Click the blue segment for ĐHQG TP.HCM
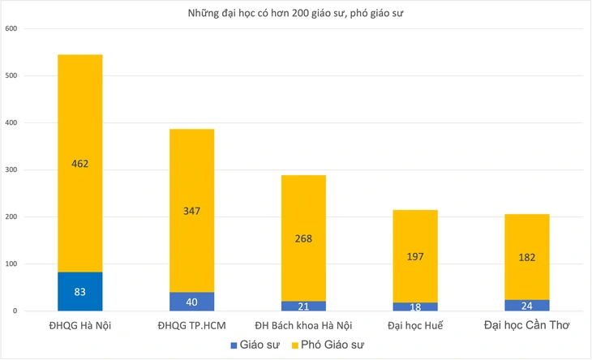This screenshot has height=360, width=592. tap(191, 302)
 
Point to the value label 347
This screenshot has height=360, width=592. tap(191, 211)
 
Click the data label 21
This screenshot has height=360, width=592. tap(303, 306)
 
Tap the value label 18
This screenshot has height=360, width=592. tap(415, 306)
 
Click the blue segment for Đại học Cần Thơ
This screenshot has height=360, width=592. tap(526, 305)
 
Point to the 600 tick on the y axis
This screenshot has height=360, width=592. tap(11, 29)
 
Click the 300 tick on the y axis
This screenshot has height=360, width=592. tap(11, 170)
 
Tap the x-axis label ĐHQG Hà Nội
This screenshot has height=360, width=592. tap(79, 326)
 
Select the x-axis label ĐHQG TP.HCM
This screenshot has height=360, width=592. tap(191, 326)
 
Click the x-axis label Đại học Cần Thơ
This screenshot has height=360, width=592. tap(526, 326)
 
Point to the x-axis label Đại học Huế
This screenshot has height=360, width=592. tap(415, 326)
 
